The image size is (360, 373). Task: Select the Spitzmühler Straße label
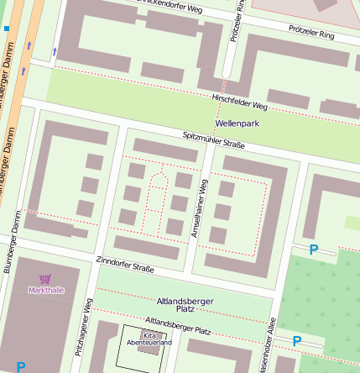point(214,140)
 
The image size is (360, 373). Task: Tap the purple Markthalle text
point(45,291)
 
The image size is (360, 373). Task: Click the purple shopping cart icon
point(45,279)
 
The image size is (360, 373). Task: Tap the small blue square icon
point(7,29)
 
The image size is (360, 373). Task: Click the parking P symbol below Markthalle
point(21,366)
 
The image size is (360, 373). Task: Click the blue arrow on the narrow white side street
point(55,52)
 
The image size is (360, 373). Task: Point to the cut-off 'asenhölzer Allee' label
point(267,345)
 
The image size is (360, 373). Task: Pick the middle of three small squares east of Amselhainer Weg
point(222,211)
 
